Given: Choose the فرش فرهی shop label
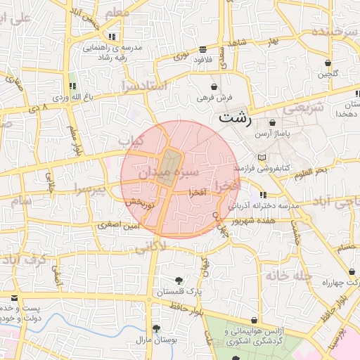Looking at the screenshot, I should pyautogui.click(x=215, y=98).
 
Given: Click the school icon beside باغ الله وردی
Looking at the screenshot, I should pyautogui.click(x=73, y=86).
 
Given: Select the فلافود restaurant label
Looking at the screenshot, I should pyautogui.click(x=202, y=60).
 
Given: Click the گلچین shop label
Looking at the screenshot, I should pyautogui.click(x=328, y=74).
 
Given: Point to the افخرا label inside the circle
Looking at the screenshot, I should pyautogui.click(x=198, y=191).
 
